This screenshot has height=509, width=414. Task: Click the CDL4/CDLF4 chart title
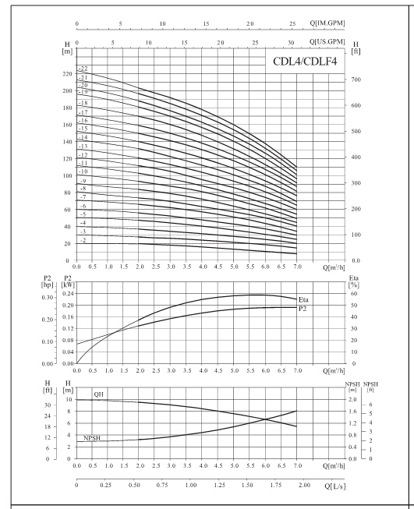(x=305, y=61)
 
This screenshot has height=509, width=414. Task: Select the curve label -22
(x=83, y=69)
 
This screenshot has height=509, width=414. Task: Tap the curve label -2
(x=83, y=240)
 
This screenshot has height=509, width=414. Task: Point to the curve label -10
(x=83, y=171)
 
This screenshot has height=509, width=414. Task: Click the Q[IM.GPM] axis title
(x=327, y=23)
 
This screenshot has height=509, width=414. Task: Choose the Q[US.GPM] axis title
(x=327, y=42)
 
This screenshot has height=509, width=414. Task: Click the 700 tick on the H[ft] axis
(x=356, y=80)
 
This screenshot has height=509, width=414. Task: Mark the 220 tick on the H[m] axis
(x=67, y=74)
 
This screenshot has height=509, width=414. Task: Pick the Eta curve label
(x=303, y=299)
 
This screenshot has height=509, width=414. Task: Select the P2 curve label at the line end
(x=303, y=309)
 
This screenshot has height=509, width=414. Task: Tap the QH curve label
(x=99, y=394)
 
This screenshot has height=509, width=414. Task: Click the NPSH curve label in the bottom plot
(x=92, y=438)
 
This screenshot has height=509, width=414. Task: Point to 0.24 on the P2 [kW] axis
(x=68, y=293)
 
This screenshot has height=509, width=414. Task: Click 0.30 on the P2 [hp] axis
(x=47, y=297)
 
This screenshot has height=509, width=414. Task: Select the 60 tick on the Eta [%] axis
(x=354, y=293)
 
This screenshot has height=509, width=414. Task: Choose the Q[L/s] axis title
(x=335, y=486)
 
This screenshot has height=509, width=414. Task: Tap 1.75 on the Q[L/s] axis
(x=276, y=485)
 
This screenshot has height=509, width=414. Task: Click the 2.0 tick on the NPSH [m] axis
(x=352, y=400)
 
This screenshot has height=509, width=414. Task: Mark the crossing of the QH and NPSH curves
(x=266, y=419)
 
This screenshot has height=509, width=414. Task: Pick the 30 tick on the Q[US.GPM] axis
(x=291, y=43)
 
